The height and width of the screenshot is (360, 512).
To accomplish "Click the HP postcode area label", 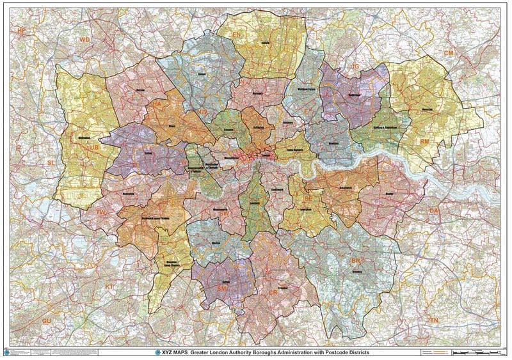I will coord(21,31).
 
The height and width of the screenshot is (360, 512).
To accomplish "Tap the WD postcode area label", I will coord(84,40).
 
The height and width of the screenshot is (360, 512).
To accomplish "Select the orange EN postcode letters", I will coord(236,33).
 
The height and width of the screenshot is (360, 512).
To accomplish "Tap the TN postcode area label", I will coord(434,319).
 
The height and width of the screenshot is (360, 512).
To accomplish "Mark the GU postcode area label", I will coord(46,320).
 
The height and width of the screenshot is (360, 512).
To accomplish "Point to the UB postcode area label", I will coord(93,148).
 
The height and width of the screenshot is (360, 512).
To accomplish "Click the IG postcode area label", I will coord(356,66).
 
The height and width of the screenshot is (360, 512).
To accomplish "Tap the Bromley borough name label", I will coord(356,270).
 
